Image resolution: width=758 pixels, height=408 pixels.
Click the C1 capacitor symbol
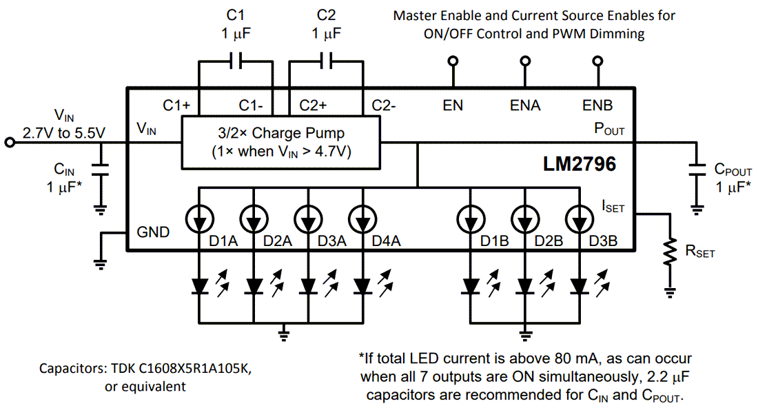click(x=236, y=61)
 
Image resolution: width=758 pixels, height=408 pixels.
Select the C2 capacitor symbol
click(x=327, y=61)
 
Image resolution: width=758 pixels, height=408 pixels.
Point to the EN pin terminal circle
click(x=453, y=61)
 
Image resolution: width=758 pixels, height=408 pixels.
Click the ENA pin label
click(x=525, y=105)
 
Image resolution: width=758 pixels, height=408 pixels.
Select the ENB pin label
click(x=597, y=105)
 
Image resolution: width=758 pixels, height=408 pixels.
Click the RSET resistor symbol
click(x=668, y=252)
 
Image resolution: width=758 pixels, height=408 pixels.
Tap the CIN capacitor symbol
click(x=103, y=170)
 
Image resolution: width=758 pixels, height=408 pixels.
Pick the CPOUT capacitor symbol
click(x=697, y=170)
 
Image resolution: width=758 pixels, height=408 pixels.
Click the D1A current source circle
click(x=200, y=219)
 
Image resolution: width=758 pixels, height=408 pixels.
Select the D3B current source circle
click(x=580, y=219)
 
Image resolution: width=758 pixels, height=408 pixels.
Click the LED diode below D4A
click(x=363, y=285)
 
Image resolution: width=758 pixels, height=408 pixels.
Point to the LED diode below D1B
click(x=471, y=285)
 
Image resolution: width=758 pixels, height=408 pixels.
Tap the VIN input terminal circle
click(x=9, y=143)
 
